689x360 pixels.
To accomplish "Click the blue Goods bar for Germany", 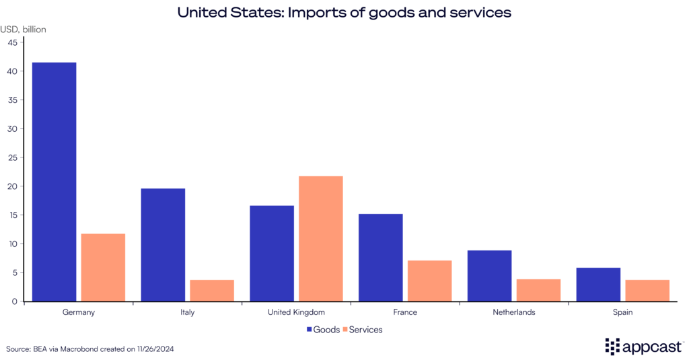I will point(54,182).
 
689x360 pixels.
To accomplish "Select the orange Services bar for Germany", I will point(103,267).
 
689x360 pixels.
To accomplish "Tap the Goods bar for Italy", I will point(163,245).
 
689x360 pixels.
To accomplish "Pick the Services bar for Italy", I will point(212,290).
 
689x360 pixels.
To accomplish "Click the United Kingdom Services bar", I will point(321,238).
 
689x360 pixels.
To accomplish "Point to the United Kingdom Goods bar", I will point(272,253).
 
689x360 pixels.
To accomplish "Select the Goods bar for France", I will point(381,258).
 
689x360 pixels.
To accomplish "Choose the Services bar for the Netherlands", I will point(538,290).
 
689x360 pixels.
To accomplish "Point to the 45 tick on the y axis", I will point(12,42).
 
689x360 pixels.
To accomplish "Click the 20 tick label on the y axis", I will point(12,186).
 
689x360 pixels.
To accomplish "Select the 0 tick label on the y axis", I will point(14,301).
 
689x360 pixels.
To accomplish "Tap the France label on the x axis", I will point(405,313).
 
